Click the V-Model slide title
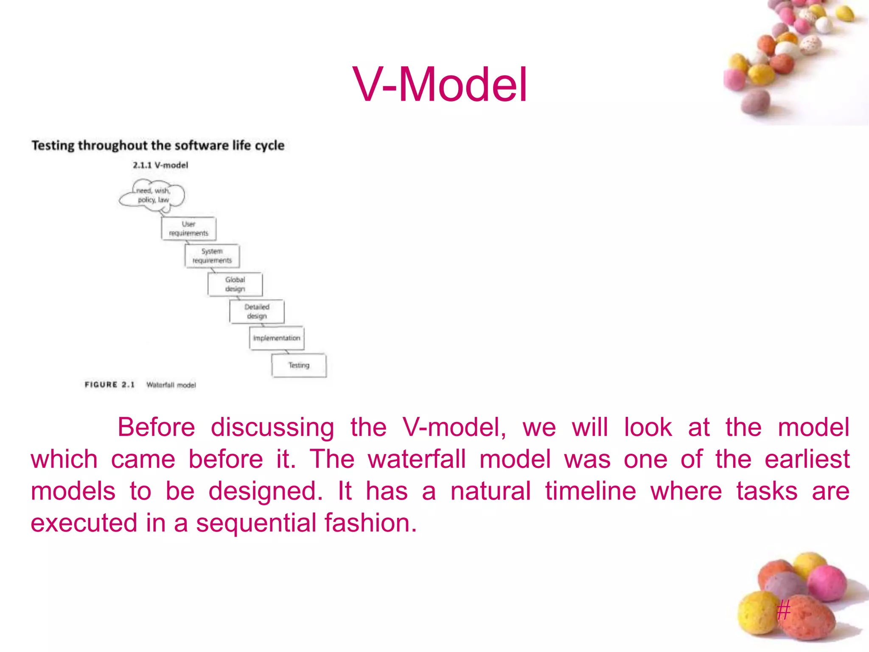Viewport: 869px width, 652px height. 440,85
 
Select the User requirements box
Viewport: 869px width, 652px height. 189,229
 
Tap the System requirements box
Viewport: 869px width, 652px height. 212,256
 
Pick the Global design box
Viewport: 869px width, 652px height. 235,284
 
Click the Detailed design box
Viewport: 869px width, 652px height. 257,312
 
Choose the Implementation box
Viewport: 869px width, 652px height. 277,338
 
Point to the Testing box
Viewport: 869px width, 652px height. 299,365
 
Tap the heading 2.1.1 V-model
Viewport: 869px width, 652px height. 160,165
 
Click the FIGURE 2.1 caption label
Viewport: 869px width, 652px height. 109,385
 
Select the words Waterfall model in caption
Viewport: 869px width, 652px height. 171,385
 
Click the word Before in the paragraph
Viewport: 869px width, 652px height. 156,427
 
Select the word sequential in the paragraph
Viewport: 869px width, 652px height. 256,523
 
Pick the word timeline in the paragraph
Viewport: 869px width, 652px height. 590,491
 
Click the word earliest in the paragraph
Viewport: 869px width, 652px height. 807,459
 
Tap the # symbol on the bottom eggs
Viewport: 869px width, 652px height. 783,610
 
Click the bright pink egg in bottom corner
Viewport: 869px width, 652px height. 826,584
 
